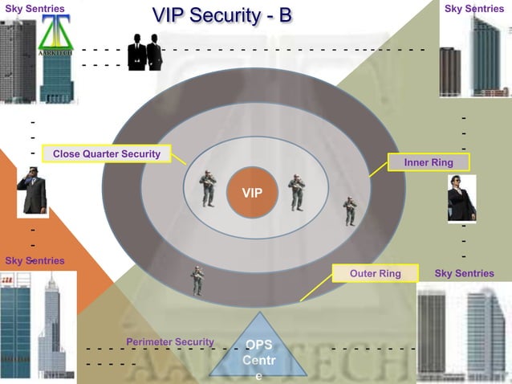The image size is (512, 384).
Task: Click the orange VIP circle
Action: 252,193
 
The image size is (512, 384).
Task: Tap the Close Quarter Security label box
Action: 107,154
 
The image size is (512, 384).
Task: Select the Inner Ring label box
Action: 429,162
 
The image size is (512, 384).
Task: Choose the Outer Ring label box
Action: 376,274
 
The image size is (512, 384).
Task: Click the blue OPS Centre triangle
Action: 258,359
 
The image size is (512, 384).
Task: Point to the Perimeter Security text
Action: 169,342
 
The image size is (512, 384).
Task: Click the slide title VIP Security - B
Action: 222,15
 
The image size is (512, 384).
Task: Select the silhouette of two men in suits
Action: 144,52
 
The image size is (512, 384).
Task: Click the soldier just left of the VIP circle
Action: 208,189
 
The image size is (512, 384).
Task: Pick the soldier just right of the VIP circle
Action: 297,192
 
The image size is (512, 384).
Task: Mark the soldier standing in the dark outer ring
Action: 197,280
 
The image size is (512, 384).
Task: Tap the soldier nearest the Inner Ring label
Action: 350,211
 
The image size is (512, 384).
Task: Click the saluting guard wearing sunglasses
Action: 32,191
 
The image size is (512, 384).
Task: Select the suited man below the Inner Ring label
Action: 461,198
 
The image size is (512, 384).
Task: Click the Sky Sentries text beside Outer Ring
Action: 464,274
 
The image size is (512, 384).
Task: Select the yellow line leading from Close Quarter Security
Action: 179,159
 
